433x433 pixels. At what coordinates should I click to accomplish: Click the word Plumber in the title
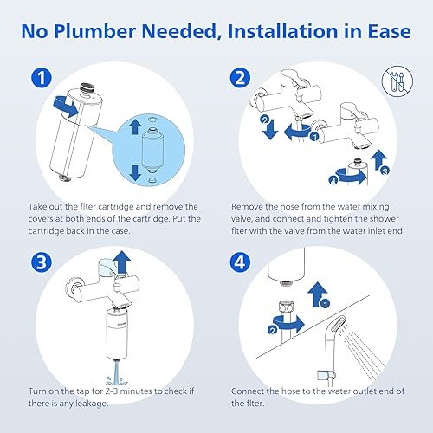click(x=94, y=31)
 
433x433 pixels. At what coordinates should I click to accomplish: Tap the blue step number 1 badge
click(x=42, y=78)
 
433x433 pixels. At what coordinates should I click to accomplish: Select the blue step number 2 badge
click(x=240, y=78)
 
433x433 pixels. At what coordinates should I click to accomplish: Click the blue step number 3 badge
click(x=42, y=262)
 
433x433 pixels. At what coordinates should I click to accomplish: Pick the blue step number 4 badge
click(x=240, y=262)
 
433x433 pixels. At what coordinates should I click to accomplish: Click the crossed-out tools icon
click(x=397, y=81)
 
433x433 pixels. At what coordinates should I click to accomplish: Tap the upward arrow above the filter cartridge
click(x=135, y=127)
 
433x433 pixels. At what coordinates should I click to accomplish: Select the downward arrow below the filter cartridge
click(x=135, y=173)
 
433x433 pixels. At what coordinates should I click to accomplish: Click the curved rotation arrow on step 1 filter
click(x=66, y=107)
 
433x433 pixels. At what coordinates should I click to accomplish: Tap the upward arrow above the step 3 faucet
click(x=122, y=262)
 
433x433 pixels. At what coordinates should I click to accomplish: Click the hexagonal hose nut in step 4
click(x=287, y=307)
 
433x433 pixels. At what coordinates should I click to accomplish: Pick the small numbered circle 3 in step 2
click(x=385, y=171)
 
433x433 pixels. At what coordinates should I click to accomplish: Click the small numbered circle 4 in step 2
click(x=333, y=181)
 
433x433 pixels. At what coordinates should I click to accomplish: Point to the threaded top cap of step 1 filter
click(x=87, y=87)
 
